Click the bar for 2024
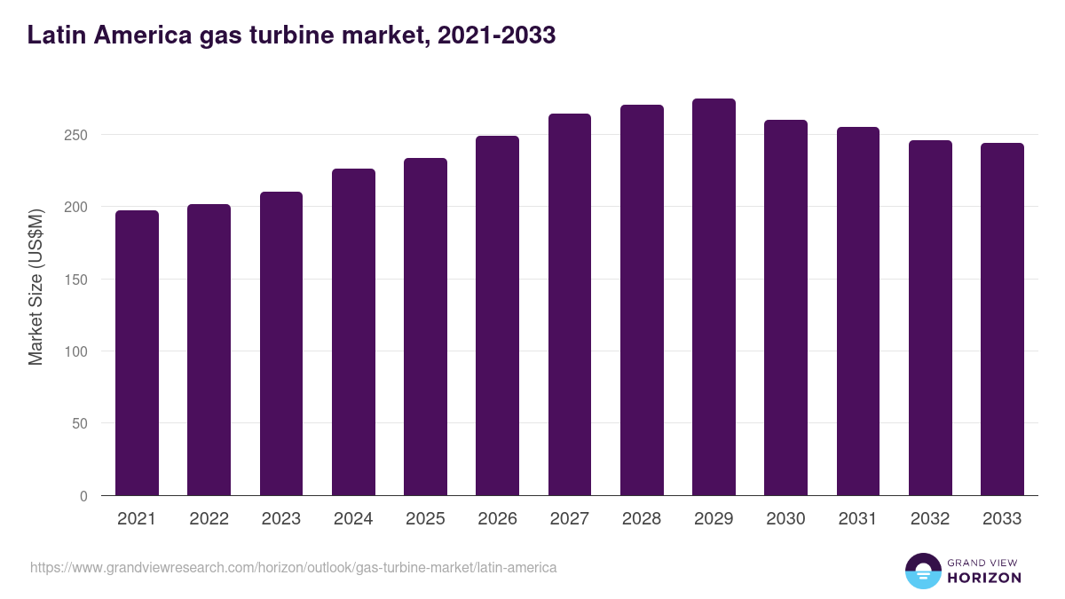(x=353, y=332)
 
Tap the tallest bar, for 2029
(x=714, y=297)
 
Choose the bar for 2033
(x=1002, y=319)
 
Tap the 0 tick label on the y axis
(x=83, y=496)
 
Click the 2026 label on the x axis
(x=497, y=519)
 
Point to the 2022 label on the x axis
(x=209, y=519)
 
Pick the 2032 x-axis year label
(x=930, y=519)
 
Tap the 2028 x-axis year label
(x=642, y=519)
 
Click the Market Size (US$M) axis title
(x=35, y=286)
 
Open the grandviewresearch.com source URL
(x=294, y=567)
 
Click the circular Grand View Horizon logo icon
(x=922, y=571)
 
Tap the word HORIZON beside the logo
(x=984, y=578)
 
